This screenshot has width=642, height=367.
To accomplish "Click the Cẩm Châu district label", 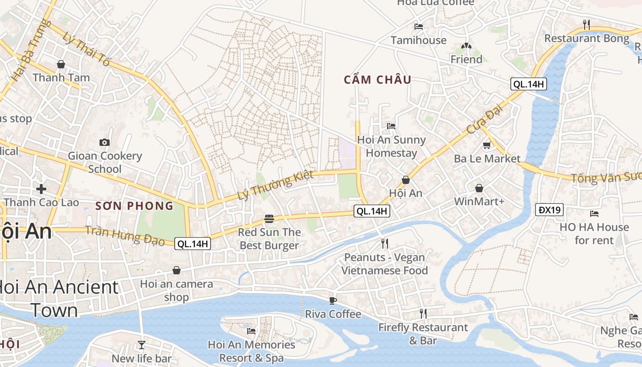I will (377, 80).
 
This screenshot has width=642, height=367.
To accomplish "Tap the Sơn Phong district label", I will (134, 206).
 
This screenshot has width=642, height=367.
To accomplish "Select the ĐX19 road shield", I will (549, 210).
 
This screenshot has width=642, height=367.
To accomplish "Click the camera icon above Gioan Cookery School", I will (105, 142).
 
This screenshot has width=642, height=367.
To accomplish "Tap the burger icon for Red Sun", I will (269, 219).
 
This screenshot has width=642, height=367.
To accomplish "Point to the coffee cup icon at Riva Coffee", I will (333, 300).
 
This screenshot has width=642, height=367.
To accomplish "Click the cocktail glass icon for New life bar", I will (141, 345).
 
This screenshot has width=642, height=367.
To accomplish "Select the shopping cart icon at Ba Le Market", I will (487, 145).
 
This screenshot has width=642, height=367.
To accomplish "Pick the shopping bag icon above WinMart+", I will (479, 188).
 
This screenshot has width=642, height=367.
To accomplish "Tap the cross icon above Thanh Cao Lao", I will (41, 189).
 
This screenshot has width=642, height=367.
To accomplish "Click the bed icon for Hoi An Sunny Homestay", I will (391, 126).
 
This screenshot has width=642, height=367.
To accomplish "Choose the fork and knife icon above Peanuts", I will (385, 243).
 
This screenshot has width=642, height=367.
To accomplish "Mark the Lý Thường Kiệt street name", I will (275, 185).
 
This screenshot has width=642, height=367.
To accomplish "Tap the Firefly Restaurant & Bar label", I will (423, 334).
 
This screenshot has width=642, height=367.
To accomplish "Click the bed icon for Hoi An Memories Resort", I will (251, 331).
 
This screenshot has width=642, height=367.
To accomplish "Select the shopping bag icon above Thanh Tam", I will (61, 64).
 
